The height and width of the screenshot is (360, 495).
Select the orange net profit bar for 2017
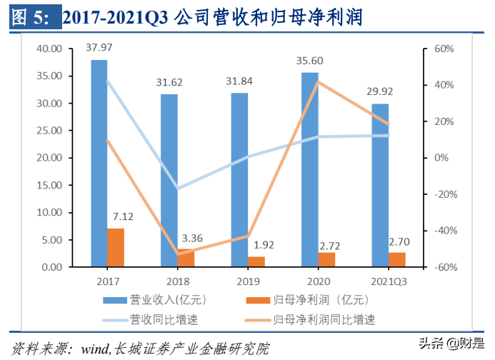(x=116, y=247)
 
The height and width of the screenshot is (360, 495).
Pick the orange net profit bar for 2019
(x=256, y=261)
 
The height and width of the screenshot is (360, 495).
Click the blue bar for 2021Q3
(x=381, y=185)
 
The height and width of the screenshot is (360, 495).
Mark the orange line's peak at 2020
(x=317, y=82)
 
